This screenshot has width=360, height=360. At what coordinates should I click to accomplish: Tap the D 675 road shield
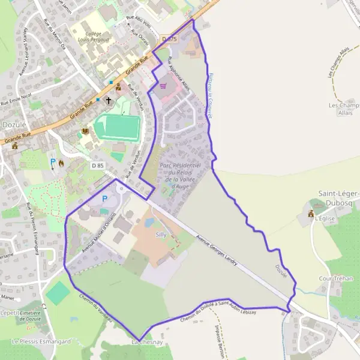click(x=170, y=39)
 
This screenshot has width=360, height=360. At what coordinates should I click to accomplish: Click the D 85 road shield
click(x=98, y=164)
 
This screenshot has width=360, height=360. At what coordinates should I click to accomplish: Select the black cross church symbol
click(x=109, y=101)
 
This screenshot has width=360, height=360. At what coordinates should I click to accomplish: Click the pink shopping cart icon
click(x=163, y=86)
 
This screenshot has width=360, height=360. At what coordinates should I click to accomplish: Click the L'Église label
click(x=324, y=218)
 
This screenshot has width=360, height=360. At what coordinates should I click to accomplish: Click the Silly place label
click(x=161, y=235)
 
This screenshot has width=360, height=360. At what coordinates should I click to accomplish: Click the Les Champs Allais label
click(x=344, y=109)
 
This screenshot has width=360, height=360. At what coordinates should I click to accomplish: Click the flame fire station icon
click(x=62, y=162)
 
